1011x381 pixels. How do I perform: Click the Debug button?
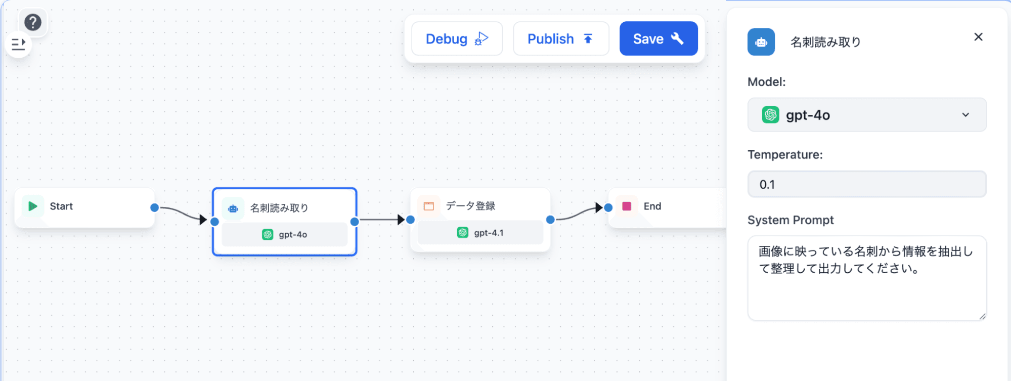pyautogui.click(x=457, y=39)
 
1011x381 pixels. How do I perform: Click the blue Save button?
pyautogui.click(x=658, y=39)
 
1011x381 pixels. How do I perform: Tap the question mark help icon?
pyautogui.click(x=33, y=22)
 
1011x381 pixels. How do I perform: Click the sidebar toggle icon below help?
pyautogui.click(x=19, y=45)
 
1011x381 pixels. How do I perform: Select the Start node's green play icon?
pyautogui.click(x=33, y=206)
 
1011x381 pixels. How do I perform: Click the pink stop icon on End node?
pyautogui.click(x=627, y=206)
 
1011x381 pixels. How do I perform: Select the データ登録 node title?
pyautogui.click(x=470, y=206)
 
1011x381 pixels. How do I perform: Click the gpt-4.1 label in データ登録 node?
pyautogui.click(x=489, y=233)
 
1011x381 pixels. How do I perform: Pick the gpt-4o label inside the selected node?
pyautogui.click(x=293, y=235)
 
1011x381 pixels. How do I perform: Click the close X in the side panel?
pyautogui.click(x=978, y=37)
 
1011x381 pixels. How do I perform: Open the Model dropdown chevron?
pyautogui.click(x=965, y=115)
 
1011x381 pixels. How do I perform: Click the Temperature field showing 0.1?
pyautogui.click(x=866, y=185)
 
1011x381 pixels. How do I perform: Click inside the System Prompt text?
pyautogui.click(x=865, y=260)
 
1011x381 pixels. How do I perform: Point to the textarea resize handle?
pyautogui.click(x=982, y=317)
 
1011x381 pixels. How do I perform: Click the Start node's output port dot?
pyautogui.click(x=155, y=207)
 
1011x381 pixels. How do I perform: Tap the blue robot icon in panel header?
pyautogui.click(x=761, y=42)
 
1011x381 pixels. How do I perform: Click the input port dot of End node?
pyautogui.click(x=608, y=207)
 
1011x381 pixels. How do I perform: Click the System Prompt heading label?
pyautogui.click(x=790, y=220)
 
